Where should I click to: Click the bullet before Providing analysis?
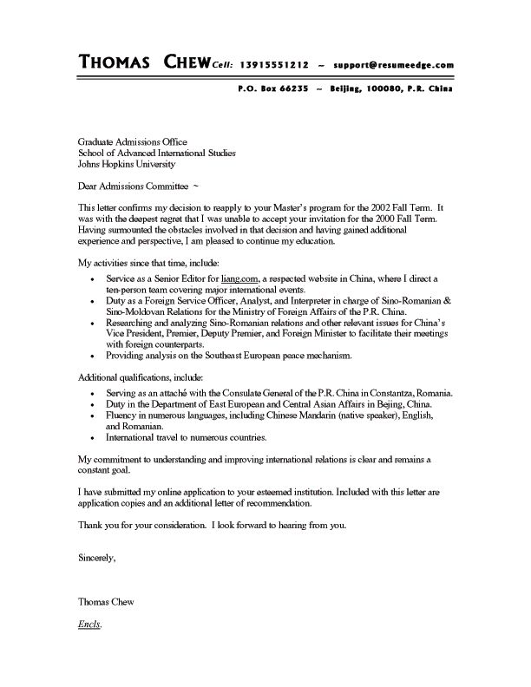pos(94,357)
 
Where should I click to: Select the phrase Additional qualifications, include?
pos(141,378)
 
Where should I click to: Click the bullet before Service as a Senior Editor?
pos(94,279)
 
